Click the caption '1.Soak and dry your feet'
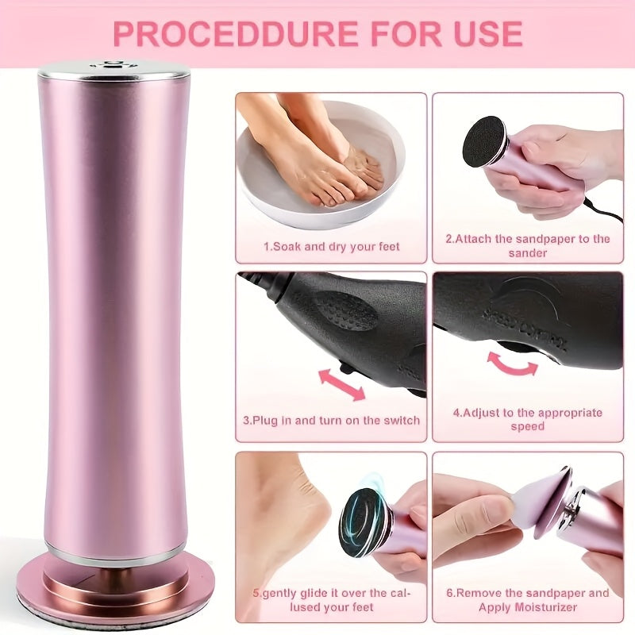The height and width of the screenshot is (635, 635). point(331,247)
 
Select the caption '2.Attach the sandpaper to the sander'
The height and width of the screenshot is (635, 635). point(528,245)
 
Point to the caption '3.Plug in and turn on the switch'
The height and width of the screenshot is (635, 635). point(331,420)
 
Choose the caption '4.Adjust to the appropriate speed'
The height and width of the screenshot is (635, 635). point(528,419)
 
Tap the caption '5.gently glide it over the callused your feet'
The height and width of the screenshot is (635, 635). point(331,599)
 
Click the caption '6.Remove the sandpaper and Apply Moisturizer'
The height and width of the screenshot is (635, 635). point(528,599)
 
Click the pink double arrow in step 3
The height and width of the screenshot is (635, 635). point(341,384)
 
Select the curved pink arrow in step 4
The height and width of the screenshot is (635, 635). point(511,361)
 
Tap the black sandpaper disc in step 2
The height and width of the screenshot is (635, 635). point(483,140)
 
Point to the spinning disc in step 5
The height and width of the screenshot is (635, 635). point(365,521)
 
